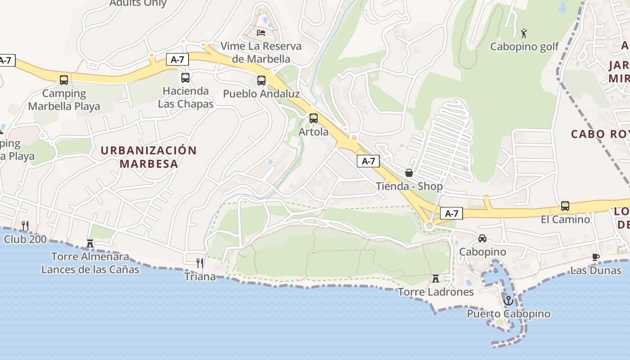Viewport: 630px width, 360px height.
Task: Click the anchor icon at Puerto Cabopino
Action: (x=508, y=300)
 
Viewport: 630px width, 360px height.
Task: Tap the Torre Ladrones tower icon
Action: (x=436, y=279)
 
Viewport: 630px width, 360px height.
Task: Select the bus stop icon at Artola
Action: (x=314, y=118)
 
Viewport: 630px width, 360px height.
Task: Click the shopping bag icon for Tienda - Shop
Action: (x=409, y=172)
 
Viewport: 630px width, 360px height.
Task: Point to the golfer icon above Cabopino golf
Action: (x=523, y=33)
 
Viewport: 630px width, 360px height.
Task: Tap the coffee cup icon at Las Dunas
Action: (x=596, y=257)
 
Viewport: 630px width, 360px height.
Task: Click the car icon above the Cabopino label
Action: (x=482, y=238)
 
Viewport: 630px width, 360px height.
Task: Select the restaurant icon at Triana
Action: (x=200, y=263)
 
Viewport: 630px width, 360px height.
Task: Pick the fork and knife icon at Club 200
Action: (x=25, y=225)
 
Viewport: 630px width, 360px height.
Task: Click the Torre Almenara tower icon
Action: (x=90, y=243)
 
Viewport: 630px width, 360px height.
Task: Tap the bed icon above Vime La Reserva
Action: (x=261, y=32)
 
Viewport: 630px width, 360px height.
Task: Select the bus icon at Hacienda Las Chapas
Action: (x=185, y=77)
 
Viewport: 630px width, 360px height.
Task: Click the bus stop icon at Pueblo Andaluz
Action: (x=261, y=80)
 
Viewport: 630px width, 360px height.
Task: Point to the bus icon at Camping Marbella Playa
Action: (x=64, y=80)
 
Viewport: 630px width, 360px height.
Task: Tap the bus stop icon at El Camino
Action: (x=565, y=206)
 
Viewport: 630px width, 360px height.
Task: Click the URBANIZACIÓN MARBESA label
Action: (x=149, y=157)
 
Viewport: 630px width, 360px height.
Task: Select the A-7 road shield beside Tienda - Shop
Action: (x=368, y=161)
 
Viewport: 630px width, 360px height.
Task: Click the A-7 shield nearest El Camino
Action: (x=451, y=213)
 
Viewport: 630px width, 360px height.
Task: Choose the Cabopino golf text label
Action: (x=524, y=46)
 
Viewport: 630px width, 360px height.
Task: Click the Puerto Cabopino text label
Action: (x=508, y=314)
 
